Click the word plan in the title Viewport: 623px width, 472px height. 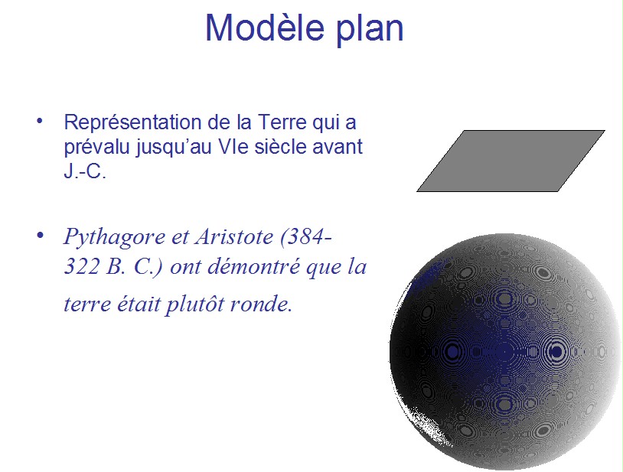pos(370,31)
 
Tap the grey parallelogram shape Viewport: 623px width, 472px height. pos(510,161)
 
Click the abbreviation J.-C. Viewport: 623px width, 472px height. pos(85,171)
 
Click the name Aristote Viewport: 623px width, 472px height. pos(234,236)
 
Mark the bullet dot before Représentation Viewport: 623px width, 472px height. pos(39,121)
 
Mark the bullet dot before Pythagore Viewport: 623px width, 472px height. pos(40,236)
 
